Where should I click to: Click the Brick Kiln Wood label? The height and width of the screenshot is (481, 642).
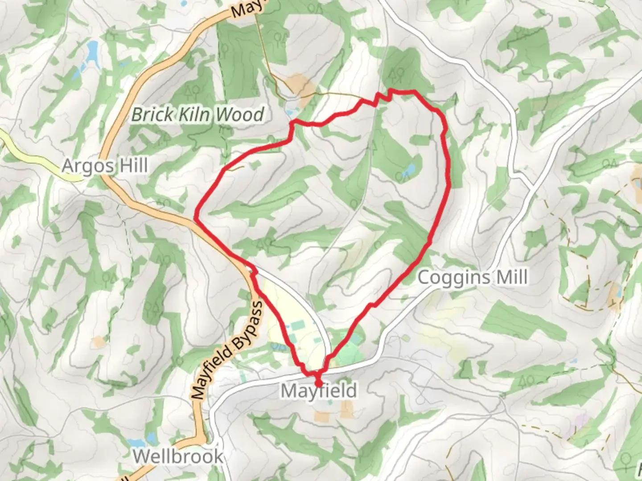[198, 115]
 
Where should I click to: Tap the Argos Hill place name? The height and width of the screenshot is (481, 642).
[104, 166]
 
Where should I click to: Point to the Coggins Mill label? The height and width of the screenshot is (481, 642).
[473, 277]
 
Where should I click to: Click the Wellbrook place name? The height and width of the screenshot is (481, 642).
[178, 457]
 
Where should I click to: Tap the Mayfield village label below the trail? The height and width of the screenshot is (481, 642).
[319, 391]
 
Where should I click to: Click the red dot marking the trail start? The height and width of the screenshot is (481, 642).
[318, 383]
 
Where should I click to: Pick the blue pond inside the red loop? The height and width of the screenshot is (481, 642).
[409, 169]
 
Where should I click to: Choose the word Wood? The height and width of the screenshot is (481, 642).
[240, 115]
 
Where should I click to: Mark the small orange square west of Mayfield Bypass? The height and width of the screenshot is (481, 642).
[98, 342]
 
